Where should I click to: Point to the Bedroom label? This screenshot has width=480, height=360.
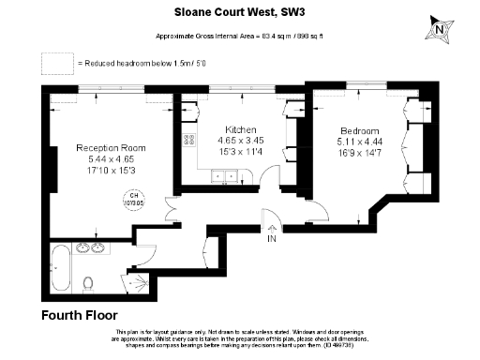pos(360,129)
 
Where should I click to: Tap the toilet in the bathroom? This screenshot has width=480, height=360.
pos(87,283)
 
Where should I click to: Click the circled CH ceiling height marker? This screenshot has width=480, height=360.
pos(129,196)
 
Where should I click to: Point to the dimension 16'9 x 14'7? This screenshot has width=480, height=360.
pos(360,152)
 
